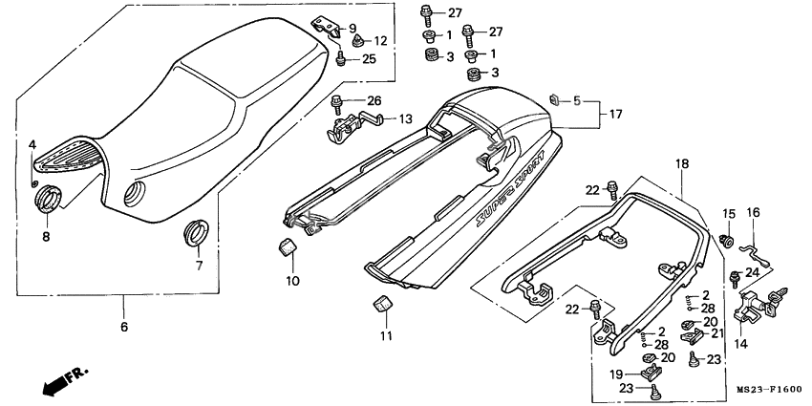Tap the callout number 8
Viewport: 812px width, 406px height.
pos(46,235)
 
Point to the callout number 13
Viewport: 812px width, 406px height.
pos(405,119)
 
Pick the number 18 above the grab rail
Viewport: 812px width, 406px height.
pos(683,164)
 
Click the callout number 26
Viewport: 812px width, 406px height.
pos(373,101)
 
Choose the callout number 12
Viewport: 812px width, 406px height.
pos(381,41)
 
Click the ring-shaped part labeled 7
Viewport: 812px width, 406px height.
pos(198,231)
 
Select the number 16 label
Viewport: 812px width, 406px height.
pos(753,212)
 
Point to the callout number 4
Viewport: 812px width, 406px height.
pos(32,144)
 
